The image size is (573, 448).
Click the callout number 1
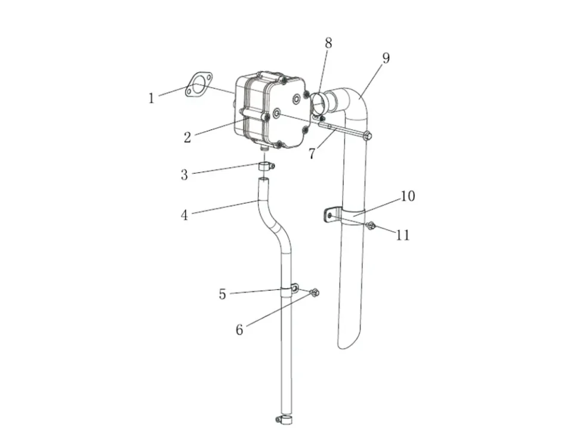(151, 98)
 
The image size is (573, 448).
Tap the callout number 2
(187, 137)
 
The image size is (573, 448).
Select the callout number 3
(184, 175)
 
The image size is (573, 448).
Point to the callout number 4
(184, 215)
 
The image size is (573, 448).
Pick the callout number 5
(223, 294)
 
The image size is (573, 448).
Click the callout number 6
(239, 330)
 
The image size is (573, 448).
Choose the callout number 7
(312, 154)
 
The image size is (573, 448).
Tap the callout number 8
(328, 43)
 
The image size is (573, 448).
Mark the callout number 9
(386, 58)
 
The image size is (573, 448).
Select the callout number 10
(408, 196)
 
